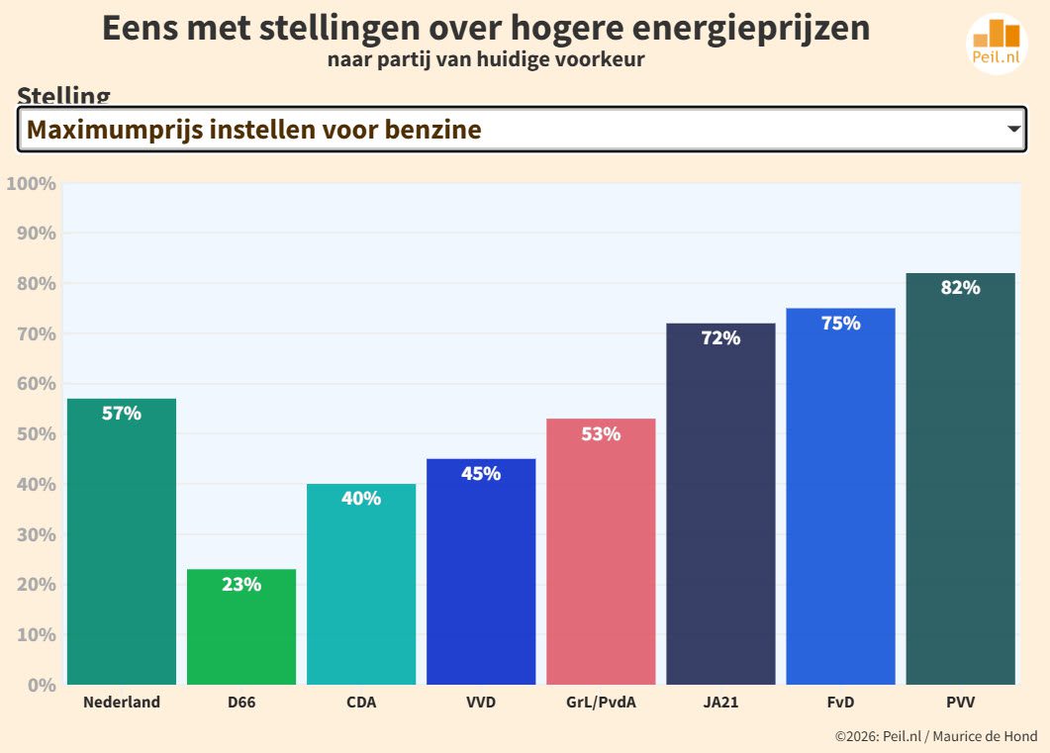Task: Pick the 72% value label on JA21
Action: point(720,338)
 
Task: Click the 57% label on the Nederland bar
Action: point(122,414)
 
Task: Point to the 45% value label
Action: point(481,474)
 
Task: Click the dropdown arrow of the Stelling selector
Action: point(1013,130)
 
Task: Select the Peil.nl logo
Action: point(997,44)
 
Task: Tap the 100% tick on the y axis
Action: point(31,184)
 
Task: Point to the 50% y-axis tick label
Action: point(36,434)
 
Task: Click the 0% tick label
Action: point(41,685)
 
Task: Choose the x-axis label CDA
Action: point(361,704)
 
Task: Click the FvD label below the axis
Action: point(840,704)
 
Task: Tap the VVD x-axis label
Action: point(481,704)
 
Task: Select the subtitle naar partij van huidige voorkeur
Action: point(486,59)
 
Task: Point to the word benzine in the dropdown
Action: point(435,130)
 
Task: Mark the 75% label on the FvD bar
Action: point(840,324)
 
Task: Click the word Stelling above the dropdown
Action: point(63,97)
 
